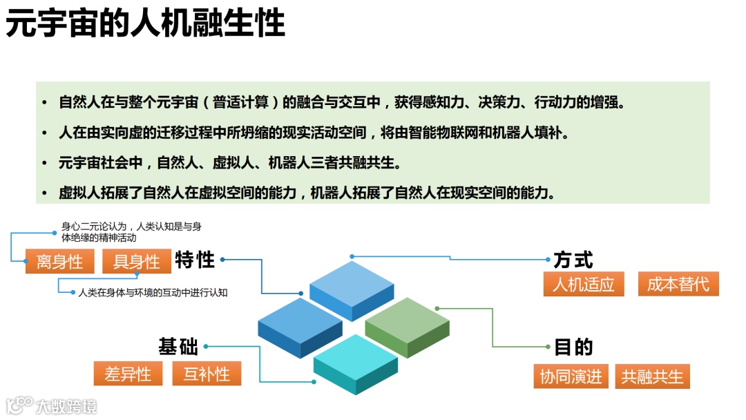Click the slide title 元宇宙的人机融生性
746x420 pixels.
coord(145,23)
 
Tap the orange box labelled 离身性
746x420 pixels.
coord(59,261)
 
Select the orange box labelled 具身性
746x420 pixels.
coord(136,261)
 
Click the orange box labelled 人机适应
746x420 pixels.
coord(584,284)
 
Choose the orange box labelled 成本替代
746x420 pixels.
coord(678,284)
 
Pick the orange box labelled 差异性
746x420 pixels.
coord(128,374)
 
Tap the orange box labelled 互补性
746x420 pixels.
coord(207,374)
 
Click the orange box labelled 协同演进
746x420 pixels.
coord(571,376)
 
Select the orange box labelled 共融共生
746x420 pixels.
coord(652,376)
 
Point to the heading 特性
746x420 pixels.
coord(195,260)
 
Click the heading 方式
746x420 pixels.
coord(573,260)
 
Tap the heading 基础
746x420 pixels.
coord(178,346)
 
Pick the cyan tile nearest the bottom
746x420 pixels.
coord(355,363)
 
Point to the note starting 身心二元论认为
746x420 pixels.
coord(131,231)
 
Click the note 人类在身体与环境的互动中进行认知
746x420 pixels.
coord(153,292)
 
